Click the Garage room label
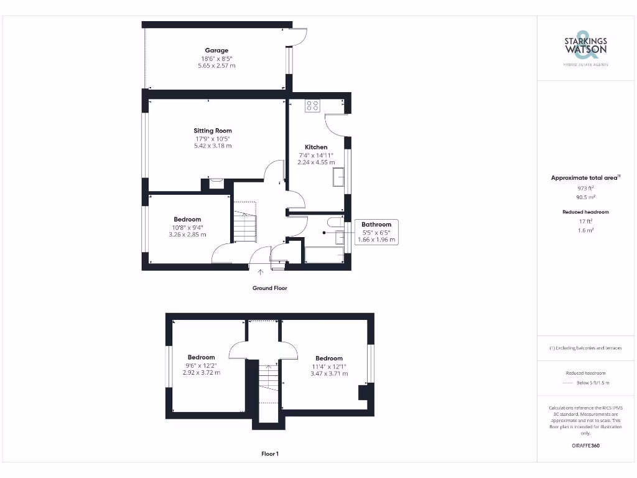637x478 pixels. [x=216, y=50]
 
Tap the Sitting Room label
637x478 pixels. [x=212, y=131]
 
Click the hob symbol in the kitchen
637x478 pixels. [x=312, y=106]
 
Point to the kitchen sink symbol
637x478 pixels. [x=340, y=176]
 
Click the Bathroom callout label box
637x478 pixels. [x=376, y=232]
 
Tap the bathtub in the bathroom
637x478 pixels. [x=324, y=255]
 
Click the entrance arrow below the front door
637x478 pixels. [x=260, y=271]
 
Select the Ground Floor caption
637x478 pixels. [x=269, y=288]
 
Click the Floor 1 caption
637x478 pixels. [x=269, y=454]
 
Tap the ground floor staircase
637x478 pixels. [x=244, y=222]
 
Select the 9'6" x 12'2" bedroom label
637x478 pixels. [x=201, y=365]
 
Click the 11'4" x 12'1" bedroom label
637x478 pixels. [x=329, y=366]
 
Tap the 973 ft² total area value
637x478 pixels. [x=585, y=187]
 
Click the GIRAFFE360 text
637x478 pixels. [x=585, y=446]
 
